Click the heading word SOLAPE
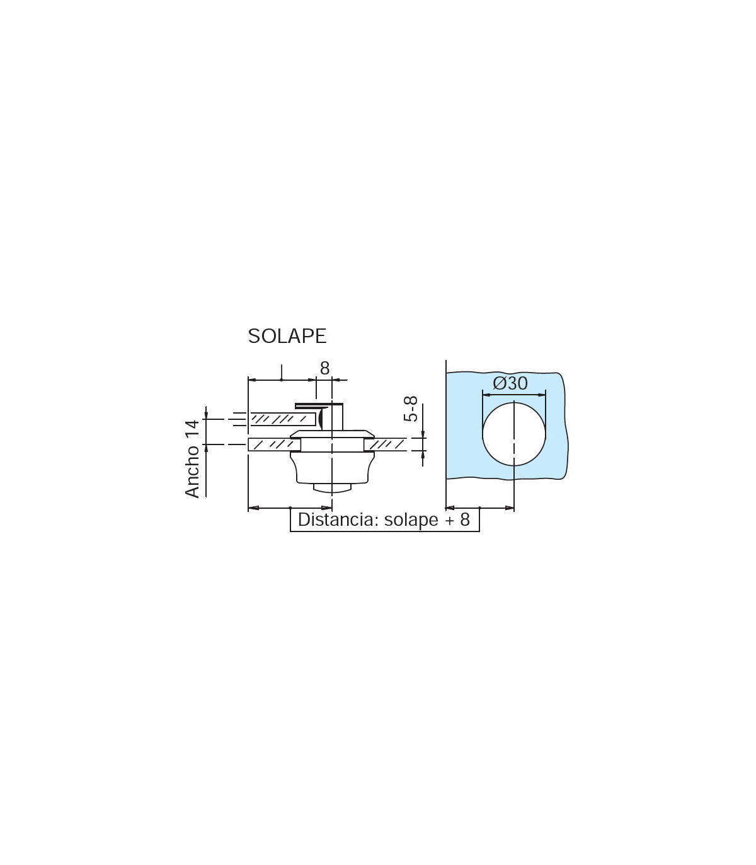287,336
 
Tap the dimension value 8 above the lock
324,368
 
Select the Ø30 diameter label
510,383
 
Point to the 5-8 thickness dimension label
411,409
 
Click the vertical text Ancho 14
192,459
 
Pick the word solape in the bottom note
411,520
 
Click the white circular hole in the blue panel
514,434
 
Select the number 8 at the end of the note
465,520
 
